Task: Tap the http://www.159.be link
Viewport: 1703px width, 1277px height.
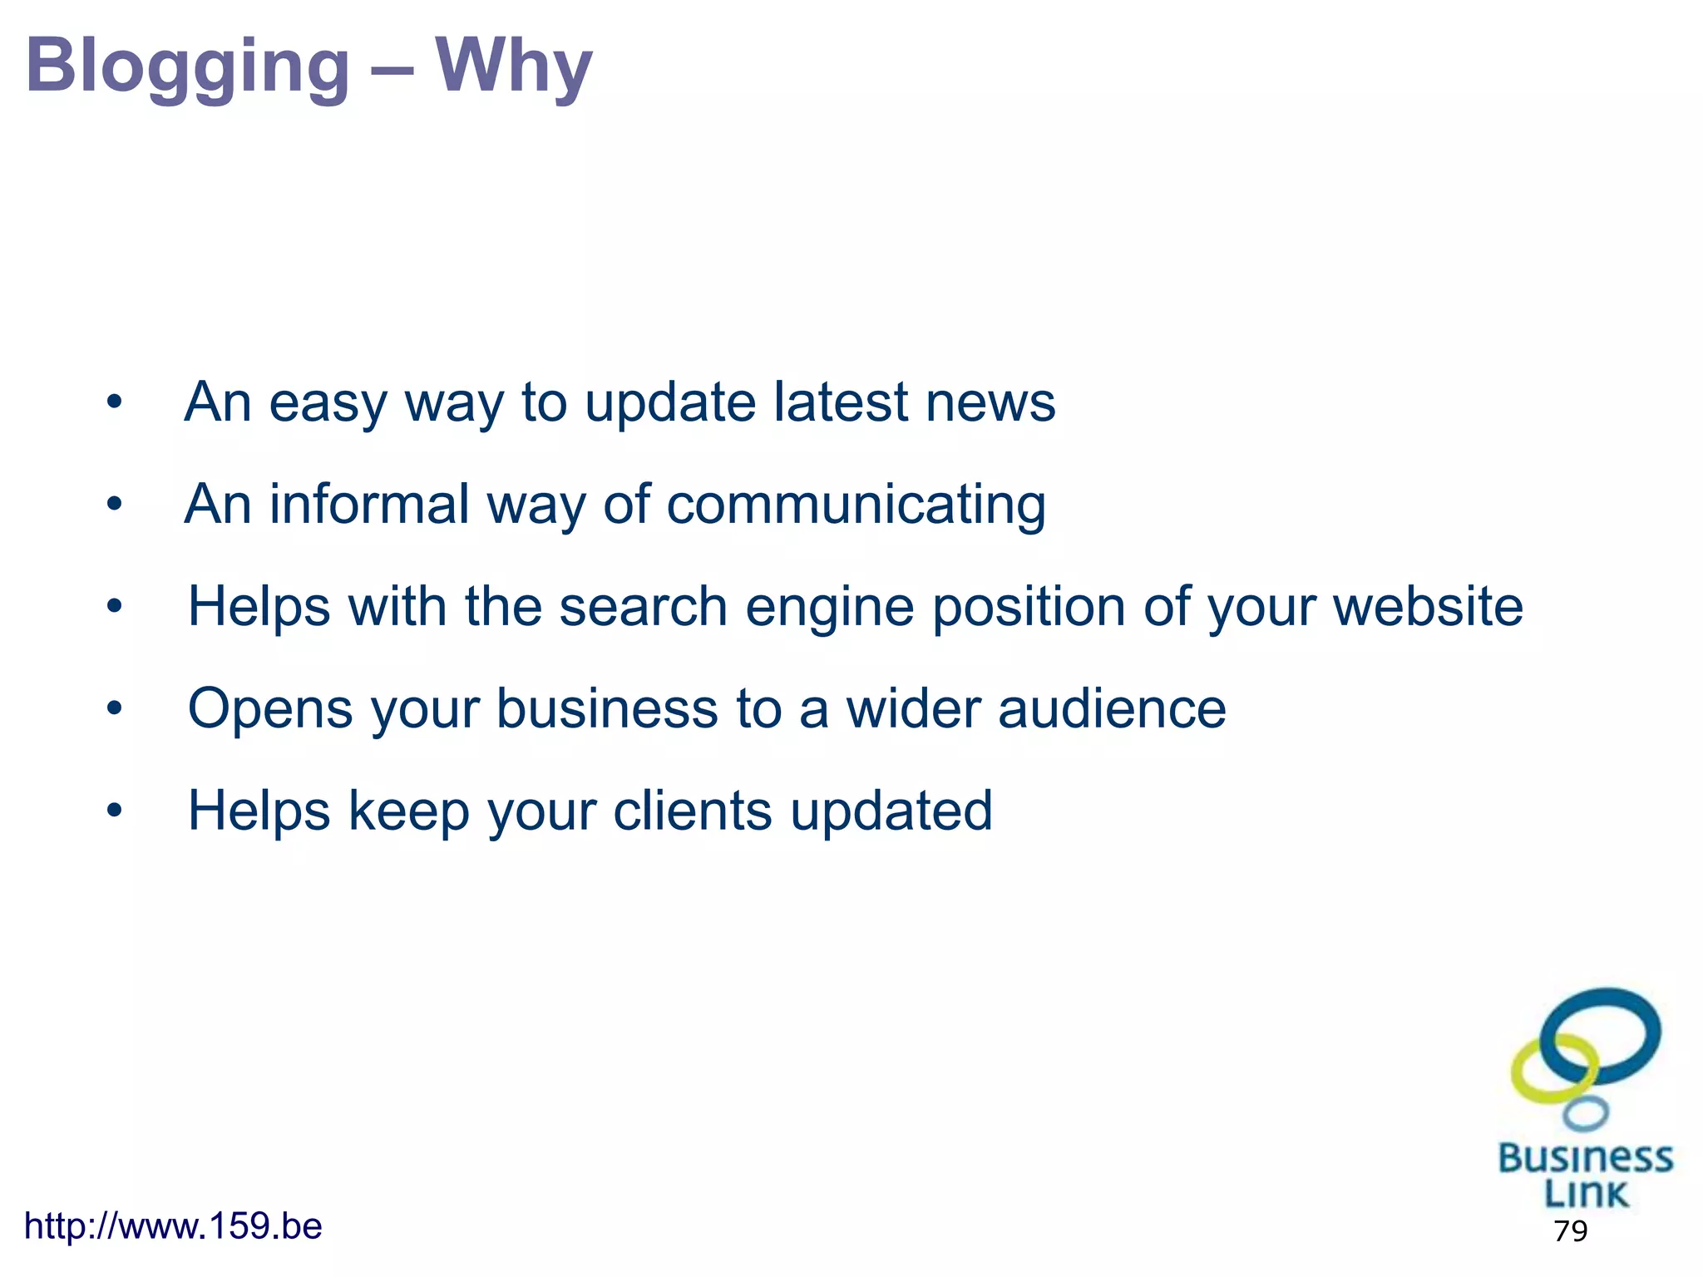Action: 173,1226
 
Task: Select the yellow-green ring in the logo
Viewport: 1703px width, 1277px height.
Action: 1527,1081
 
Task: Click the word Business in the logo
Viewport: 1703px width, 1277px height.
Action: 1585,1158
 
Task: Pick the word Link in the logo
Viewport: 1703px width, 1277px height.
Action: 1585,1194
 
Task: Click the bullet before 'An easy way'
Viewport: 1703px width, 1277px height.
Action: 115,403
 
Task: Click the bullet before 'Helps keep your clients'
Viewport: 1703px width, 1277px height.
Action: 115,811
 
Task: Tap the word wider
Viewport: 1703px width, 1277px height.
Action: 913,709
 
